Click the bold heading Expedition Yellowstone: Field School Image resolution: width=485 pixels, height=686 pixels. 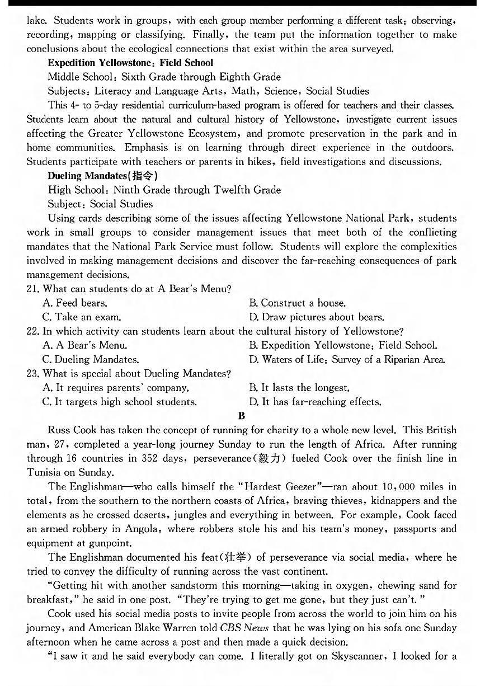tap(130, 63)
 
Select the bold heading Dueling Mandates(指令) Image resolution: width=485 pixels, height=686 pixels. tap(98, 176)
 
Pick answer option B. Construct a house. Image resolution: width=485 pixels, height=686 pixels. tap(297, 303)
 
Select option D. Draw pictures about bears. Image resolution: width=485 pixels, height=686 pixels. tap(317, 317)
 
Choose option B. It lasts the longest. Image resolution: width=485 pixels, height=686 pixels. tap(299, 387)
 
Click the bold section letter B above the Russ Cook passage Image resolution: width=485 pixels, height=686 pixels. tap(242, 416)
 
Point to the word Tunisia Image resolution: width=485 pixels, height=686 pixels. tap(46, 472)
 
